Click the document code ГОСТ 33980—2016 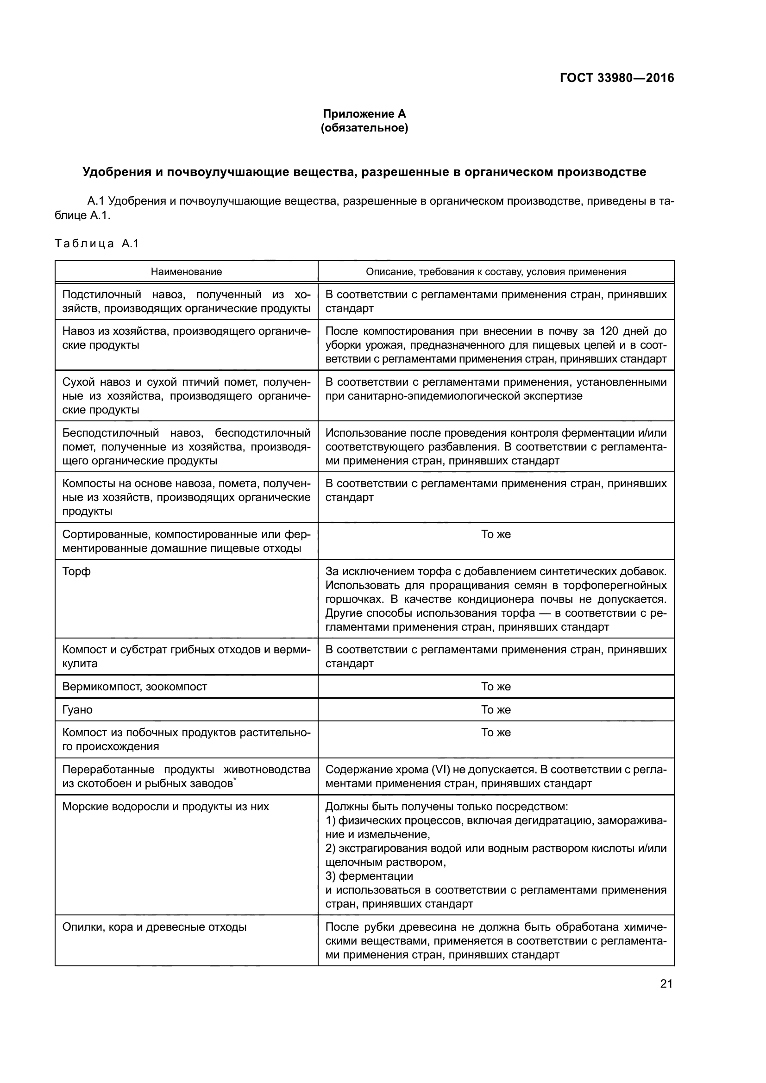[616, 78]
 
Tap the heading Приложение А [364, 114]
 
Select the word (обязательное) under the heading [364, 128]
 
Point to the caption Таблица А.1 [97, 244]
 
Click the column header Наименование [186, 272]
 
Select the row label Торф [76, 572]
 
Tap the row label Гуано [77, 710]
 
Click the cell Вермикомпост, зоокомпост [134, 687]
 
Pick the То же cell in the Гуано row [496, 710]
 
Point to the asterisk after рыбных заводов [235, 781]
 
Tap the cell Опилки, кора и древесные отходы [154, 927]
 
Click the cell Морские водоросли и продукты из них [165, 807]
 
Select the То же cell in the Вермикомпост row [496, 687]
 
